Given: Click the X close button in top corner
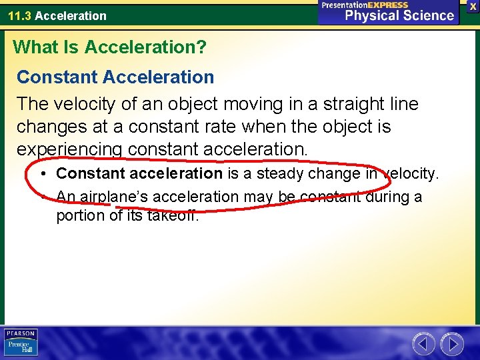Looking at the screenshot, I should pyautogui.click(x=473, y=6).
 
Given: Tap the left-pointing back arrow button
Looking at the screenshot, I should pyautogui.click(x=423, y=343).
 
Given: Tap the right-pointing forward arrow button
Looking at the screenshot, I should pyautogui.click(x=452, y=343).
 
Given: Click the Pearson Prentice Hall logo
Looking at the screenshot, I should pyautogui.click(x=21, y=343).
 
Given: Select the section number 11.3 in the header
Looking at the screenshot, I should pyautogui.click(x=19, y=16).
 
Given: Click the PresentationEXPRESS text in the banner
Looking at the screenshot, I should pyautogui.click(x=365, y=5).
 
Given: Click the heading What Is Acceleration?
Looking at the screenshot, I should pyautogui.click(x=110, y=47).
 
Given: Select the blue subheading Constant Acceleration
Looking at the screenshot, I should pyautogui.click(x=115, y=77).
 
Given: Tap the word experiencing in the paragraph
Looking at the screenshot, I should pyautogui.click(x=69, y=149).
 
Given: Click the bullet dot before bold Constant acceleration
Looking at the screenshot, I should pyautogui.click(x=42, y=174).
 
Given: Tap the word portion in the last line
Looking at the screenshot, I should pyautogui.click(x=79, y=216).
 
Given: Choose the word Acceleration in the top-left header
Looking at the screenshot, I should pyautogui.click(x=71, y=16).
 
